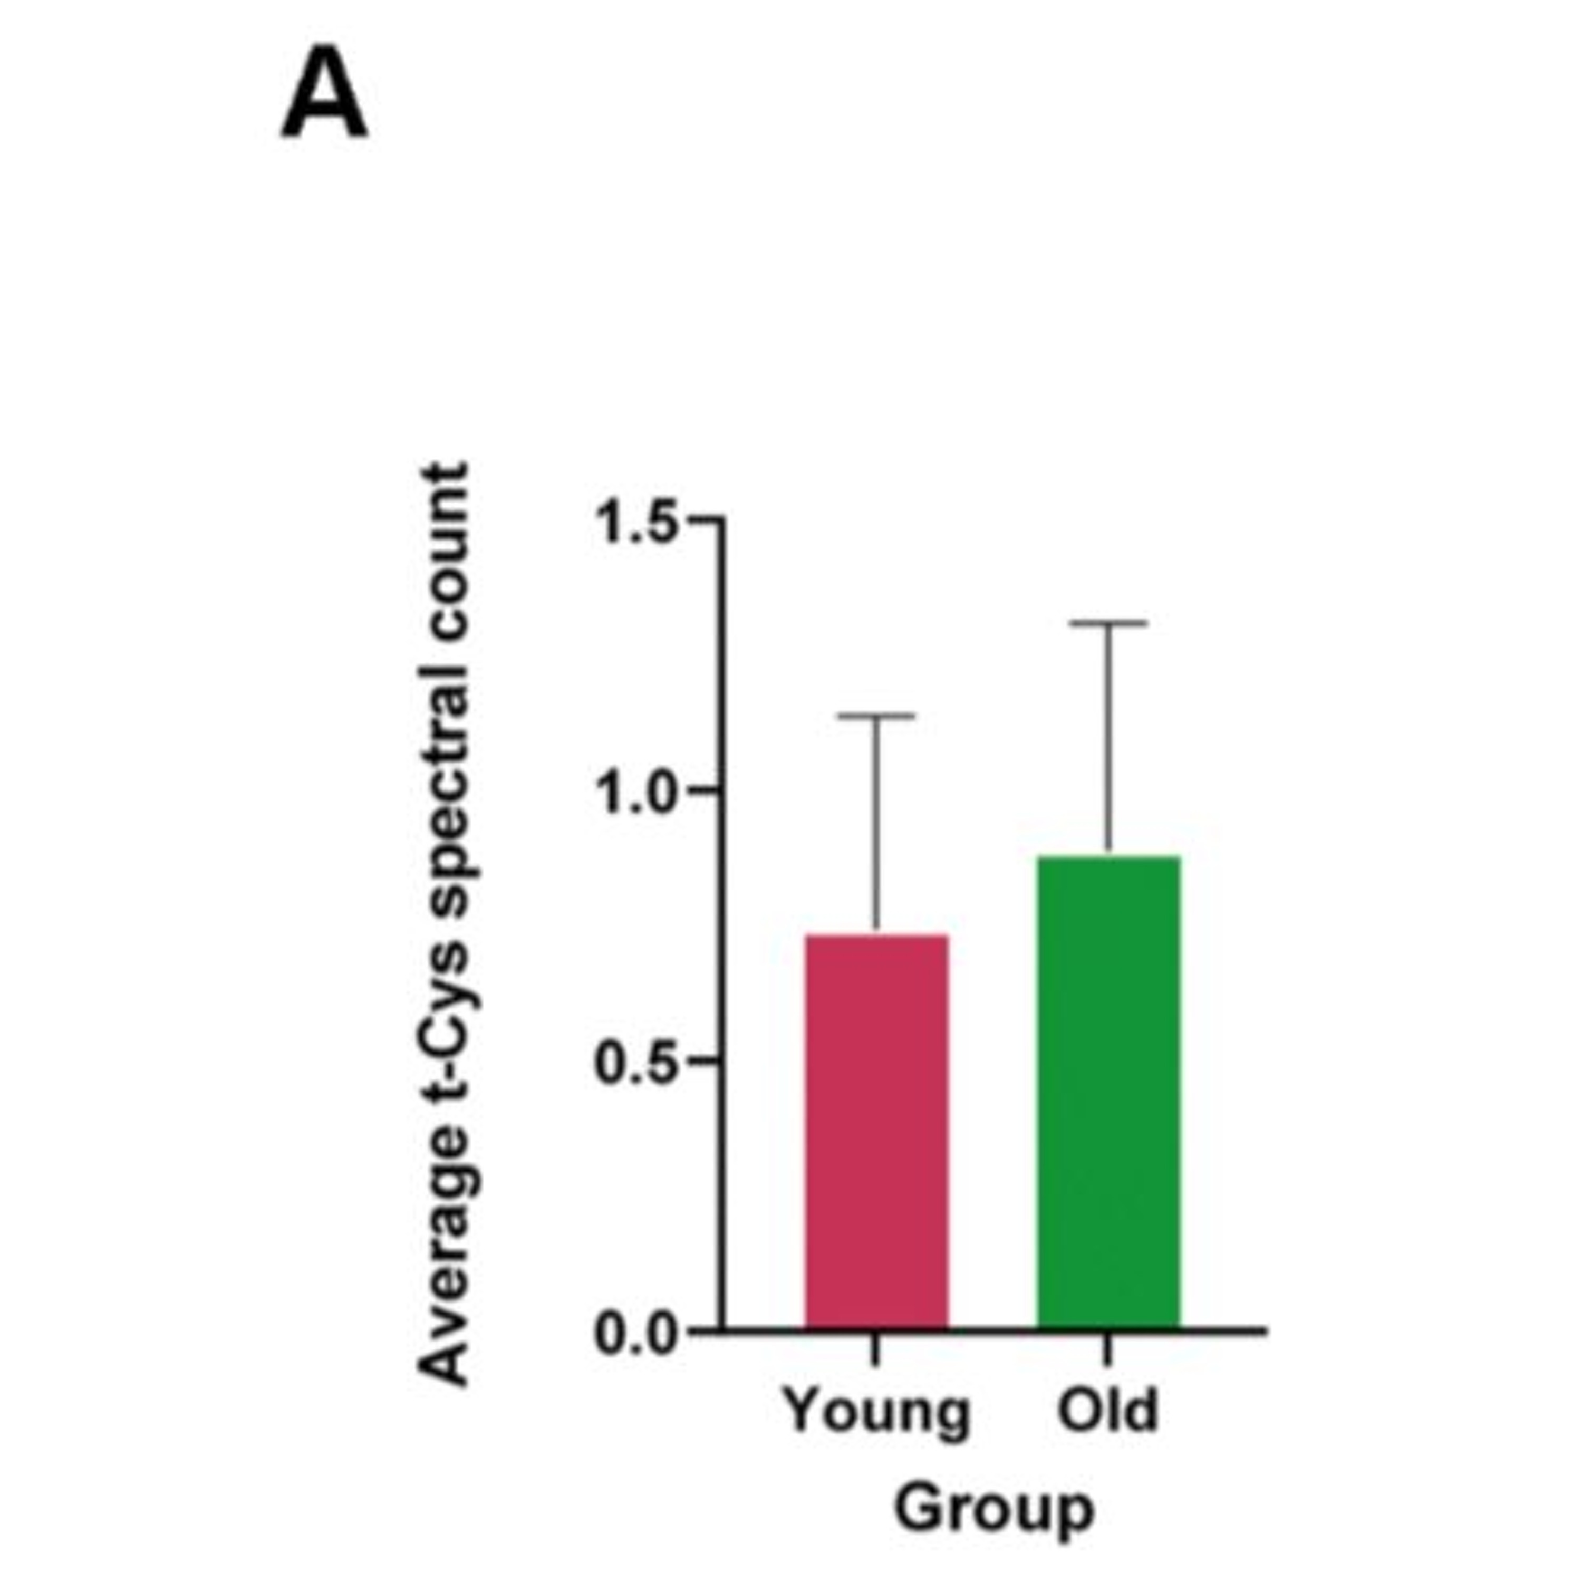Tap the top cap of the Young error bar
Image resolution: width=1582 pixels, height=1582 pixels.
(x=876, y=716)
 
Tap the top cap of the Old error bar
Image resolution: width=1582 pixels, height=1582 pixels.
(x=1108, y=623)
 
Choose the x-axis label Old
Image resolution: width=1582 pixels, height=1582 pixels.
(x=1108, y=1409)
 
